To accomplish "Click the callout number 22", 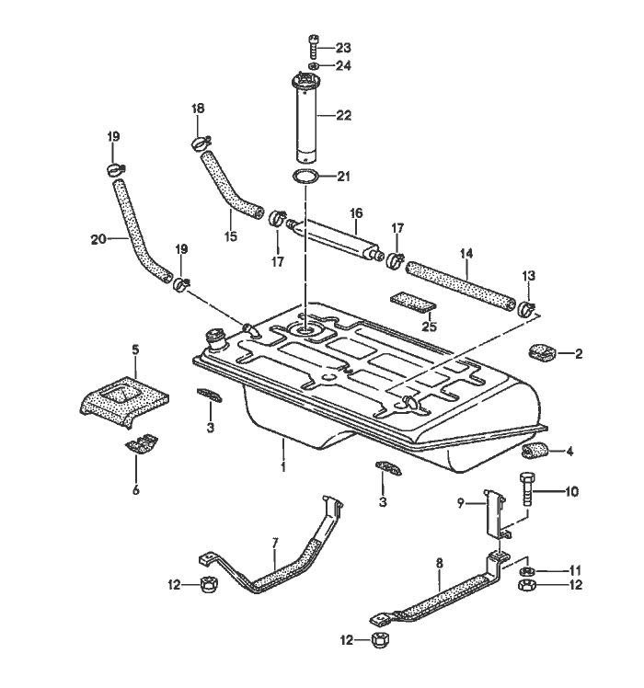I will [344, 115].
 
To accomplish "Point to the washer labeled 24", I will [313, 66].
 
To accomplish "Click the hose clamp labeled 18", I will [200, 142].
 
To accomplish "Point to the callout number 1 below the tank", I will [283, 466].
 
